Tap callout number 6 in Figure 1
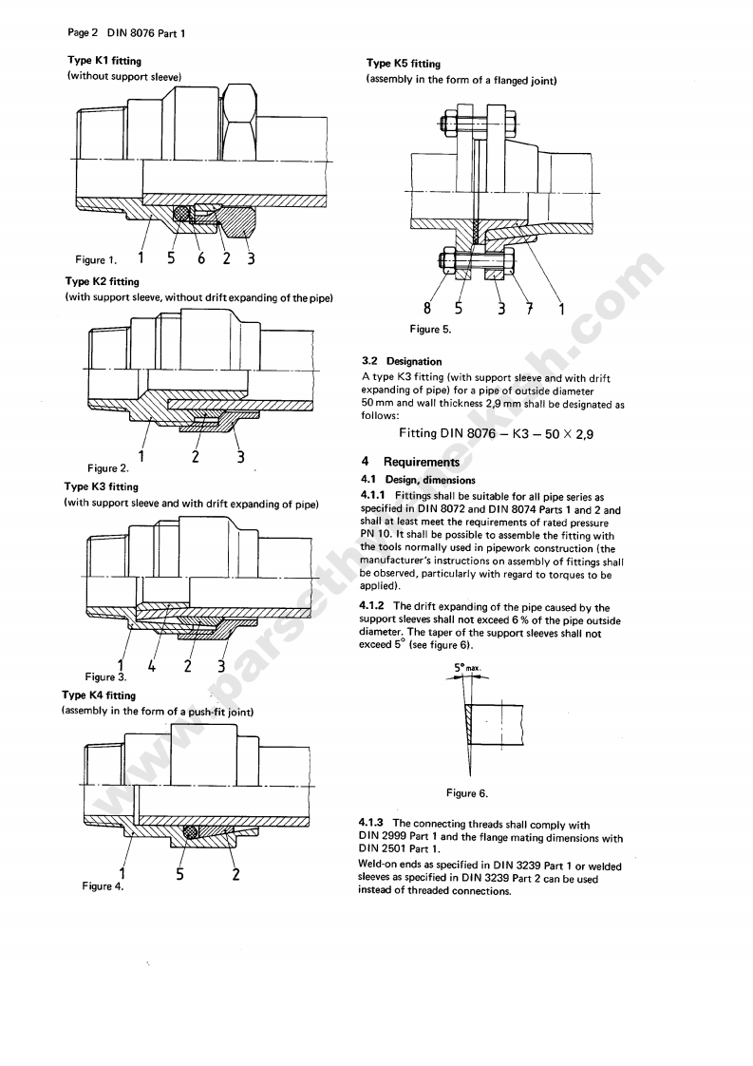pyautogui.click(x=200, y=257)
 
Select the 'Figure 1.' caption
pyautogui.click(x=96, y=259)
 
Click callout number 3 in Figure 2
pyautogui.click(x=240, y=457)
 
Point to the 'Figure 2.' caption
pyautogui.click(x=107, y=468)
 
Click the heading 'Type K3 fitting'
pyautogui.click(x=102, y=486)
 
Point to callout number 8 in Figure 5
pyautogui.click(x=427, y=308)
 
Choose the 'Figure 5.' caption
pyautogui.click(x=430, y=330)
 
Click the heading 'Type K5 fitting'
pyautogui.click(x=404, y=64)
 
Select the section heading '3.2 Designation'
pyautogui.click(x=402, y=361)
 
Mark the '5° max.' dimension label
pyautogui.click(x=467, y=668)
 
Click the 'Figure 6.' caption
pyautogui.click(x=467, y=793)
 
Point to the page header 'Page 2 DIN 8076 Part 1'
pyautogui.click(x=126, y=33)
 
